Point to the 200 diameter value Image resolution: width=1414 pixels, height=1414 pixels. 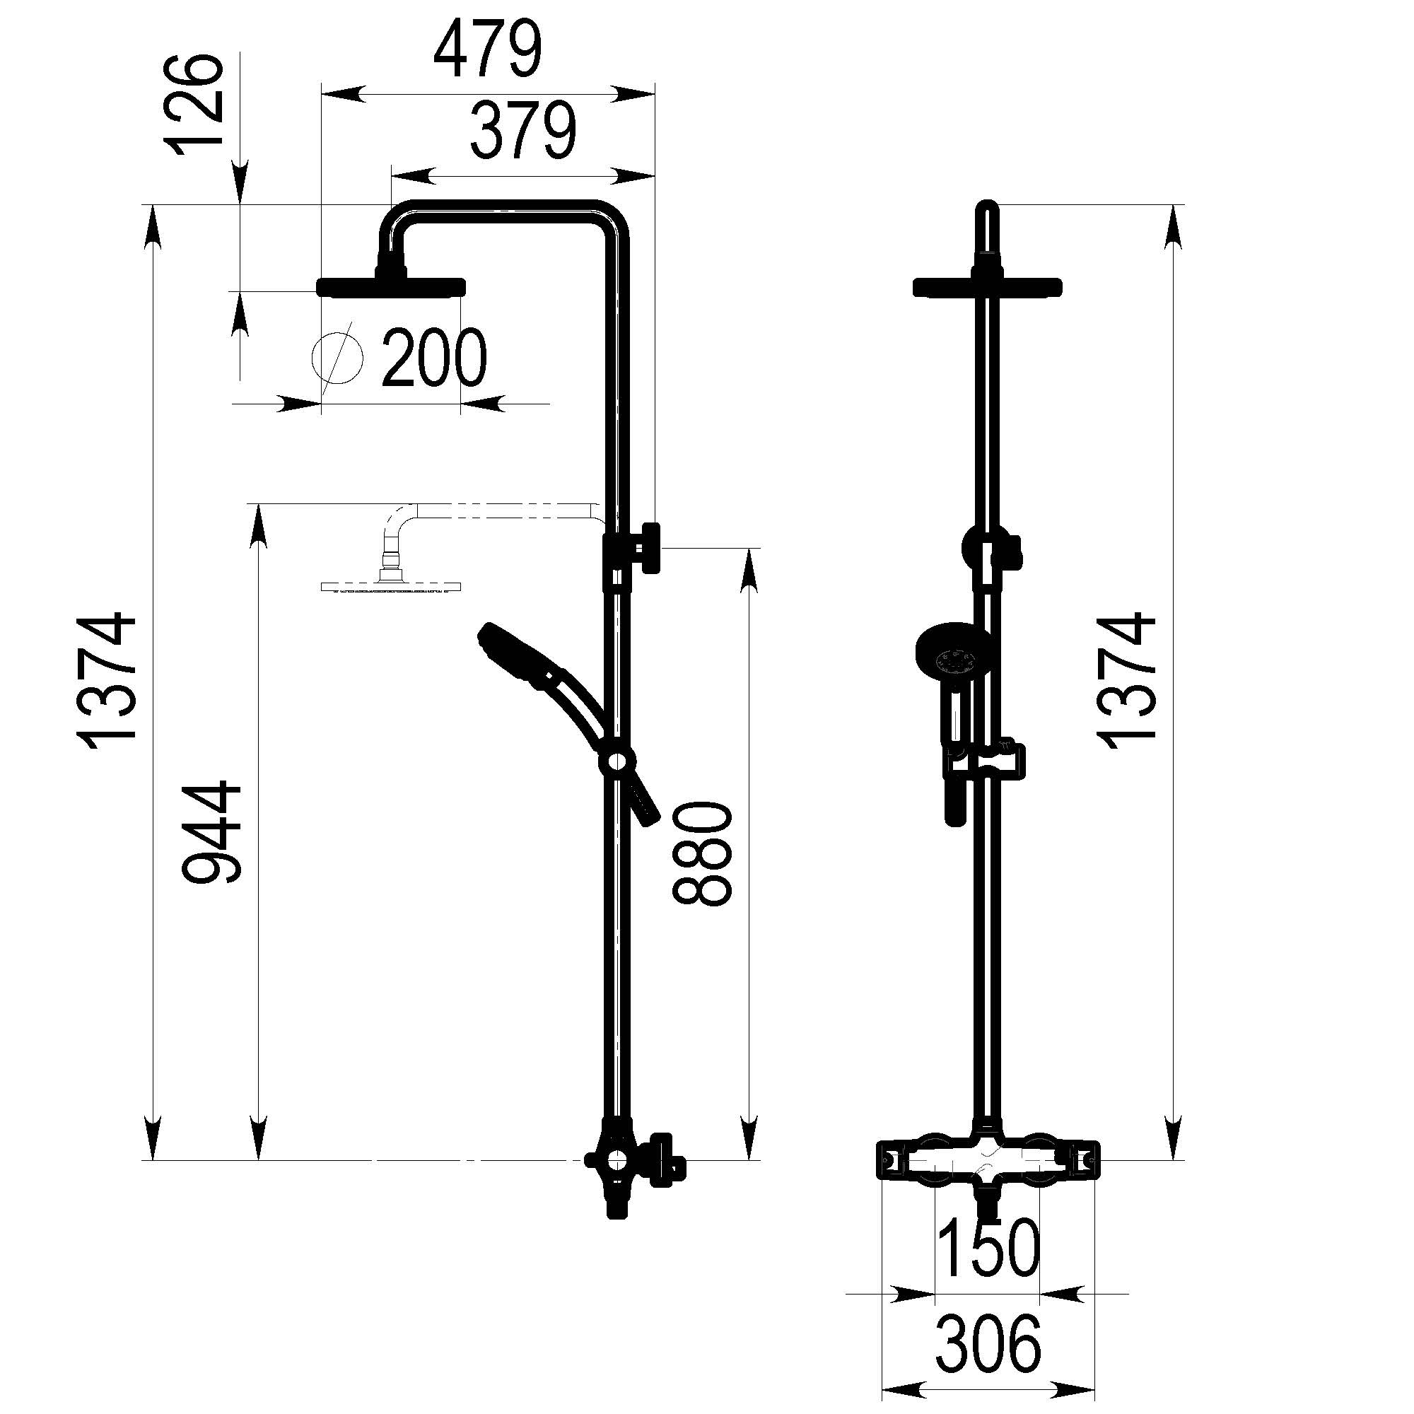click(434, 358)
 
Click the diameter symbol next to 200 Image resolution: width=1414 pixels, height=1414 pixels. click(337, 357)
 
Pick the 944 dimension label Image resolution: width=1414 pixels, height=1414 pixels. click(211, 833)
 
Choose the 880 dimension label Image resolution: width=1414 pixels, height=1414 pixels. click(702, 853)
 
